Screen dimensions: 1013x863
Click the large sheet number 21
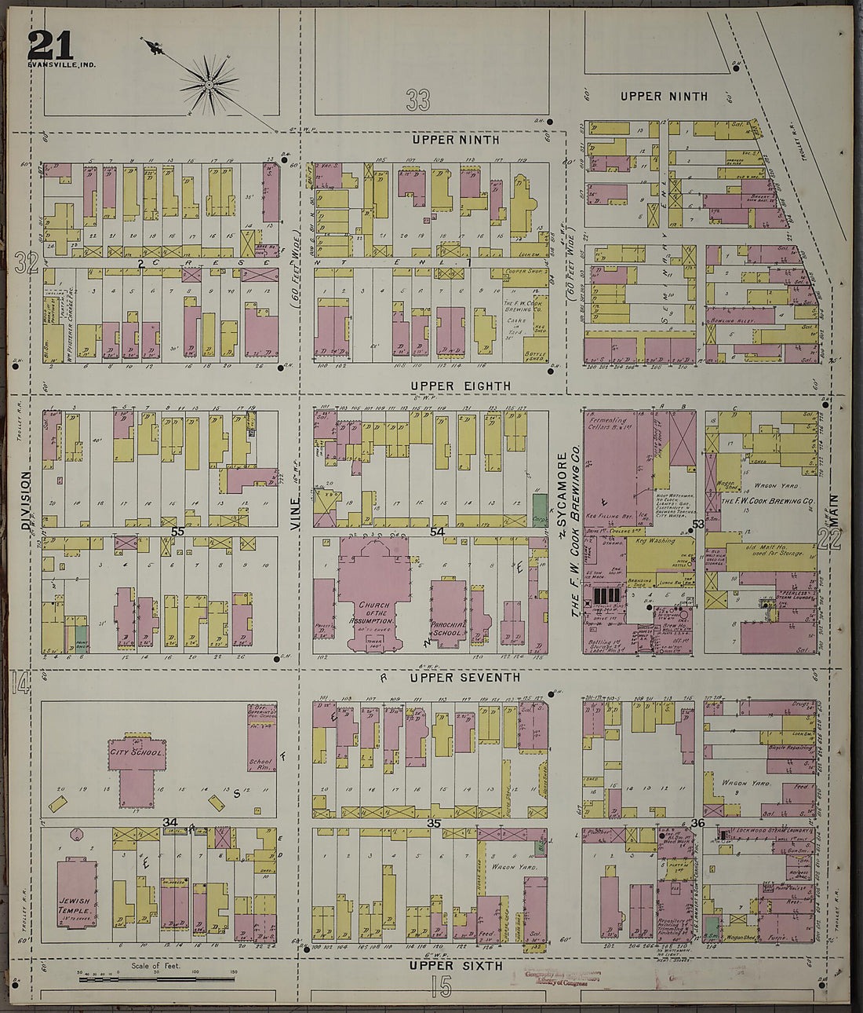tap(50, 46)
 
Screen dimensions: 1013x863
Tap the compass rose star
tap(209, 82)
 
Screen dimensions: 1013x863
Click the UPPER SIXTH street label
tap(455, 965)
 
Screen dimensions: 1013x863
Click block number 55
tap(178, 532)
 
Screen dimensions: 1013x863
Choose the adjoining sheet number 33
tap(418, 99)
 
